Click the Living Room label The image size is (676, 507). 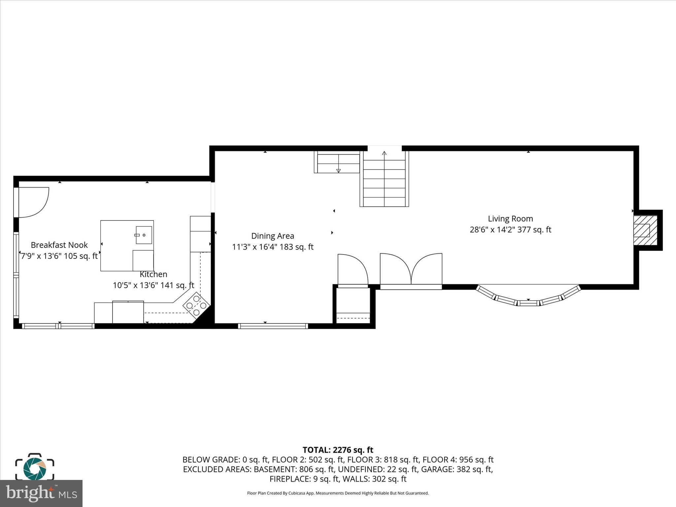pyautogui.click(x=510, y=219)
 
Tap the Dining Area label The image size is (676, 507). pyautogui.click(x=272, y=236)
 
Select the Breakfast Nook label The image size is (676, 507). pyautogui.click(x=59, y=245)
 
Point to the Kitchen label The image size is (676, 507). pyautogui.click(x=153, y=274)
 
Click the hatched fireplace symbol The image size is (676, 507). pyautogui.click(x=645, y=230)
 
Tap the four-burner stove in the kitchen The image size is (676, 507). pyautogui.click(x=196, y=305)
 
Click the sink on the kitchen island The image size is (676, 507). pyautogui.click(x=144, y=235)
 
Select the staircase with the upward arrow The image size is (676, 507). pyautogui.click(x=384, y=180)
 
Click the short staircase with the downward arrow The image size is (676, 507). pyautogui.click(x=337, y=163)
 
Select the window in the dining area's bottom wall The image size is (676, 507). pyautogui.click(x=273, y=326)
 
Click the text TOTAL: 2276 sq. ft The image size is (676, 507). pyautogui.click(x=338, y=450)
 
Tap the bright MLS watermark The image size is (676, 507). pyautogui.click(x=41, y=493)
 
